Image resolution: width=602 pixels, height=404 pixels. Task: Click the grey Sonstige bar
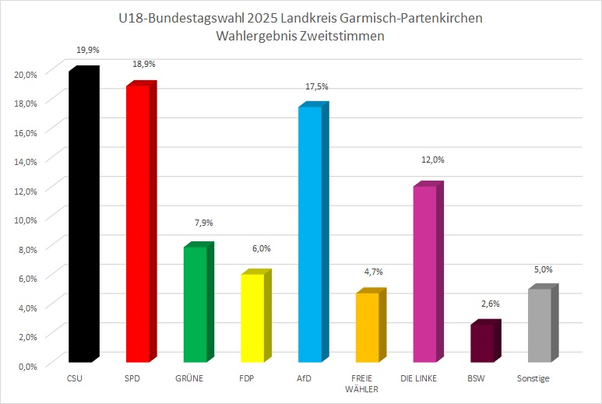tap(540, 325)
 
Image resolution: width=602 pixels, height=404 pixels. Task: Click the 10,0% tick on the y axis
tap(26, 220)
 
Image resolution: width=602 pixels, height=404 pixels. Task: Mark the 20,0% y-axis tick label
tap(26, 74)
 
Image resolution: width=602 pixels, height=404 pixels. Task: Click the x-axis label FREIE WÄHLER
tap(367, 384)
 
